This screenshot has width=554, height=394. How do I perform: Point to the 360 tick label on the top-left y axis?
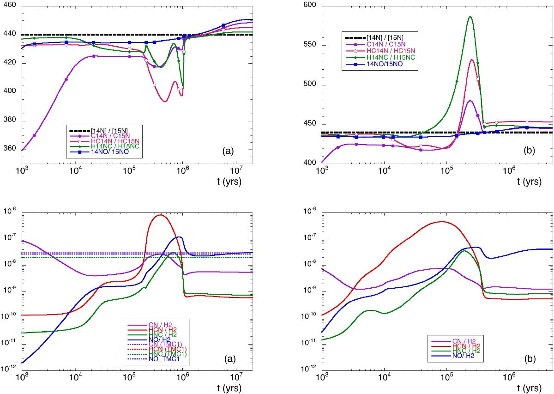(10, 149)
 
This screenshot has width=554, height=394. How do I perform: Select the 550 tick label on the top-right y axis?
(310, 45)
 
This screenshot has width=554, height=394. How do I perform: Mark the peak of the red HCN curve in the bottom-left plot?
(160, 215)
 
